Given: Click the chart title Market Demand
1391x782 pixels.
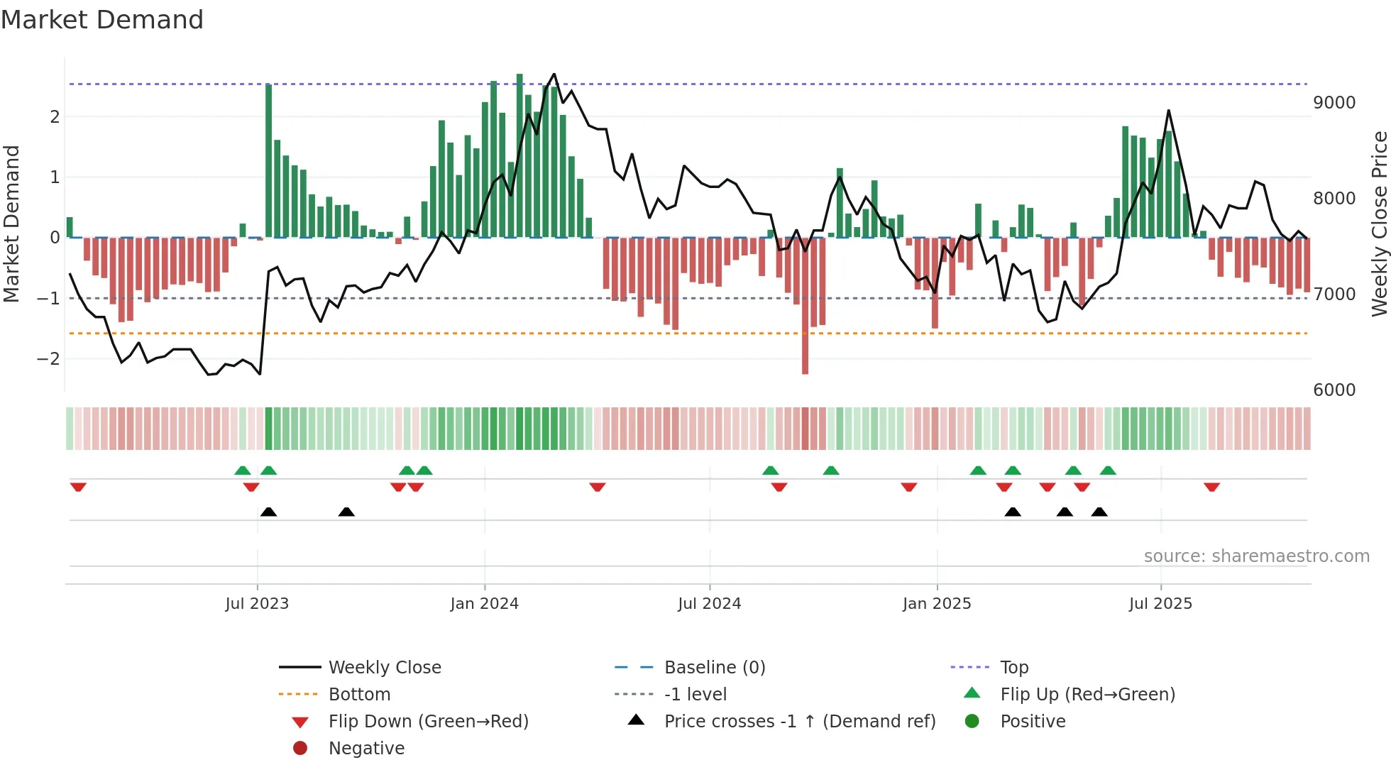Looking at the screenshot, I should click(102, 20).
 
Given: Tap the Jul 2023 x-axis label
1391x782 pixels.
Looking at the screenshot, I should click(257, 604).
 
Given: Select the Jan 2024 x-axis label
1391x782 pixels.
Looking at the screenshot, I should click(485, 604).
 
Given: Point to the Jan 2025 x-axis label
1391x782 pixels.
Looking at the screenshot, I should click(937, 604).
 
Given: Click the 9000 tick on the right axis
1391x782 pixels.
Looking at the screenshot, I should click(1334, 103).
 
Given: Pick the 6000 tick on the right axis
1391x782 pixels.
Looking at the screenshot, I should click(1334, 390).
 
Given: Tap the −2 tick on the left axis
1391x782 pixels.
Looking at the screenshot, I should click(49, 359).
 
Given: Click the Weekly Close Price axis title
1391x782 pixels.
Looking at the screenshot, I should click(1379, 224).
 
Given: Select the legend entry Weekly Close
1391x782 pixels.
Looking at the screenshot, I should click(384, 668).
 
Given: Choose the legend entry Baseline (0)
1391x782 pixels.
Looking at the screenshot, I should click(714, 668).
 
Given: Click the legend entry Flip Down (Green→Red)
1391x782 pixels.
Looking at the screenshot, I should click(428, 722).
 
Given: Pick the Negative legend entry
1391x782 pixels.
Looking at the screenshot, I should click(366, 749).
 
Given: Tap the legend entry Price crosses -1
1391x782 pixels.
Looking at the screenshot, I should click(799, 722).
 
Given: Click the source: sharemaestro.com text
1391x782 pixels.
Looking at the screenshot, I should click(1256, 556).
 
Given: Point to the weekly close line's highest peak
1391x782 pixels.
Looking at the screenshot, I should click(554, 75).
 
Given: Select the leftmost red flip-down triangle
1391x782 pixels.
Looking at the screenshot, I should click(78, 487).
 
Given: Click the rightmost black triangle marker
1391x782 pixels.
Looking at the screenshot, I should click(1099, 512).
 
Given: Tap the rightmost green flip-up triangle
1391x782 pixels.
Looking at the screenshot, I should click(1108, 470).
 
